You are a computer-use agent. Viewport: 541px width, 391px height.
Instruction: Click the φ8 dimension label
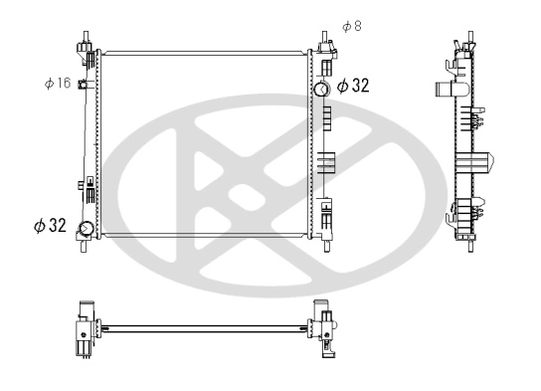[351, 25]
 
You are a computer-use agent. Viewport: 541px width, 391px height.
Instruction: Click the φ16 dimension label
[57, 83]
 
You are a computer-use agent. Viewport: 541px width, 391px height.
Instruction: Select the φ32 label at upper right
[353, 86]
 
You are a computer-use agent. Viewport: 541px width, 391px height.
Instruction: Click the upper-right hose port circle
[321, 90]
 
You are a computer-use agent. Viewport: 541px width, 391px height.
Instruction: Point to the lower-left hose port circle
[87, 230]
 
